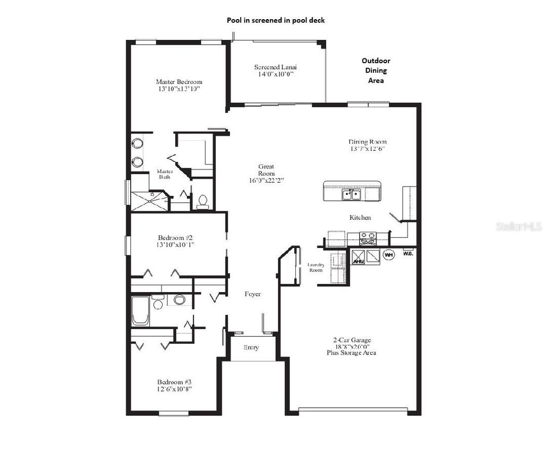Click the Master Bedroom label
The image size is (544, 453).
pyautogui.click(x=179, y=82)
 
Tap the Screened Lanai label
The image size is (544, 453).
pyautogui.click(x=275, y=67)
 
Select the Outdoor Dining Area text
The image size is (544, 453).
pyautogui.click(x=376, y=71)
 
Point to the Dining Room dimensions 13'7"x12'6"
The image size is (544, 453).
pyautogui.click(x=367, y=149)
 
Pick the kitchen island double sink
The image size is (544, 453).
pyautogui.click(x=351, y=194)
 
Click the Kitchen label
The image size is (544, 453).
pyautogui.click(x=360, y=218)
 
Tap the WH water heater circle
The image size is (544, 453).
pyautogui.click(x=389, y=255)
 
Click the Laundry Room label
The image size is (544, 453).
pyautogui.click(x=316, y=267)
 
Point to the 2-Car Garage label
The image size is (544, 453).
pyautogui.click(x=351, y=340)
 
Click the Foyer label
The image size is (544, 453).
pyautogui.click(x=252, y=294)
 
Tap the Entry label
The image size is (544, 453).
pyautogui.click(x=251, y=348)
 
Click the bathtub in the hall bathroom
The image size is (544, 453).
pyautogui.click(x=140, y=311)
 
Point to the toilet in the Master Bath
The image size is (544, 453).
pyautogui.click(x=202, y=201)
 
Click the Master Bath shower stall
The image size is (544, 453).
pyautogui.click(x=149, y=200)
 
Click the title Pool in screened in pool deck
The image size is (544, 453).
pyautogui.click(x=276, y=20)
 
